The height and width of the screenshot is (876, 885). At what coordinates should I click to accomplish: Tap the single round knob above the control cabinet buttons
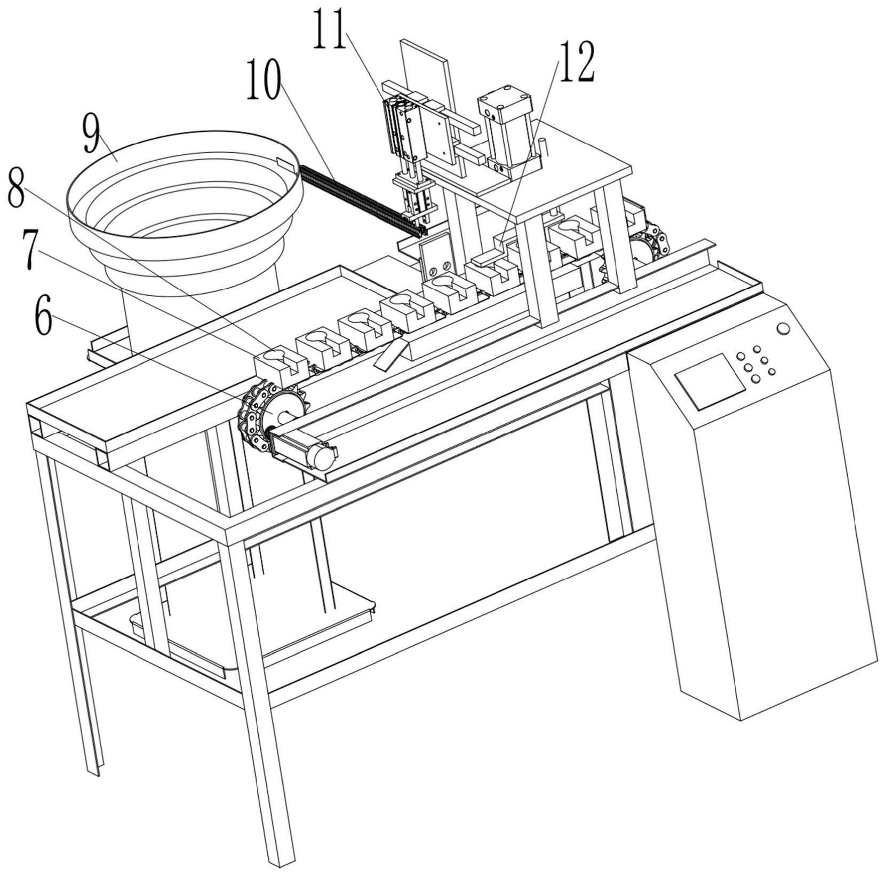click(783, 329)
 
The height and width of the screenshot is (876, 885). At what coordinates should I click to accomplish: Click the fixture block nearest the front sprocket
click(280, 362)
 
